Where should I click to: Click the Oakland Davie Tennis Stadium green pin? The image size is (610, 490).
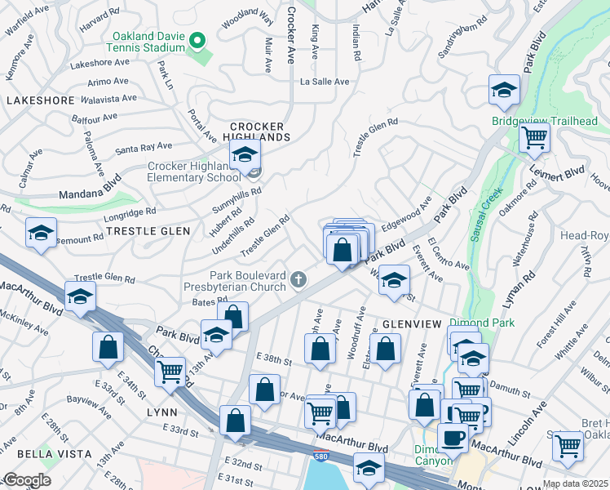pyautogui.click(x=197, y=40)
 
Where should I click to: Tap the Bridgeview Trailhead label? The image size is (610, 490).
pyautogui.click(x=545, y=122)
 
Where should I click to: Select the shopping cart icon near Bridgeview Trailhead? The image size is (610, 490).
pyautogui.click(x=534, y=139)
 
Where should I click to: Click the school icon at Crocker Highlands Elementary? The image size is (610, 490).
pyautogui.click(x=244, y=155)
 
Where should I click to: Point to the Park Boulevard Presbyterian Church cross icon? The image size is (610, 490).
pyautogui.click(x=299, y=282)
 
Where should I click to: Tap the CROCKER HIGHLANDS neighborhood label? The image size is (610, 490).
pyautogui.click(x=257, y=131)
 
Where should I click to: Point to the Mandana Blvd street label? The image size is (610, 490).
pyautogui.click(x=90, y=185)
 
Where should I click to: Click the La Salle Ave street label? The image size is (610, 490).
pyautogui.click(x=325, y=82)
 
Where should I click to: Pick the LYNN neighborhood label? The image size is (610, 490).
pyautogui.click(x=161, y=412)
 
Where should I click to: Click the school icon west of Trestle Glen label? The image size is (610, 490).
pyautogui.click(x=41, y=234)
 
